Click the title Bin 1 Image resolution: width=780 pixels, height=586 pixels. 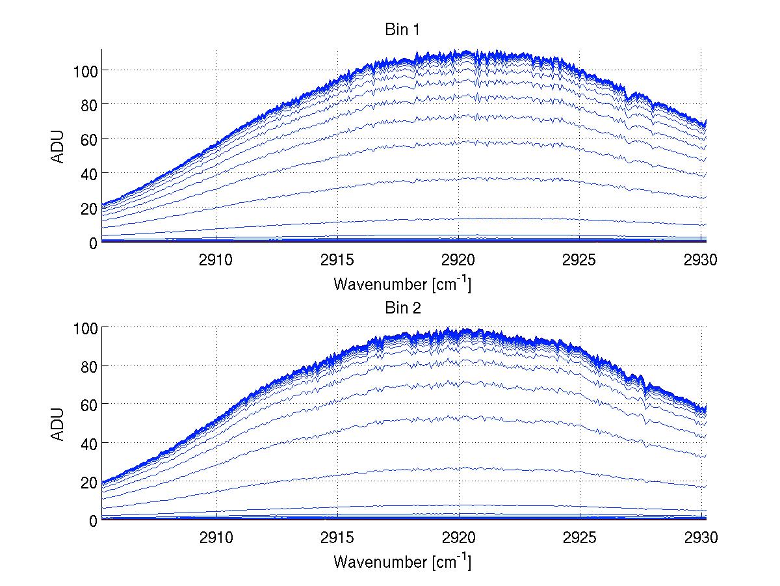(x=402, y=31)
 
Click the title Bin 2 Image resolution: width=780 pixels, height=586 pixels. (x=402, y=308)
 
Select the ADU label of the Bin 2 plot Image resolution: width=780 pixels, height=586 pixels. (x=58, y=423)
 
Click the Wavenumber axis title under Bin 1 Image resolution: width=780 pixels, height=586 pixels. (x=402, y=284)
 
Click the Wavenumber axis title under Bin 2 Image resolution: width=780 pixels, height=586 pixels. (x=402, y=561)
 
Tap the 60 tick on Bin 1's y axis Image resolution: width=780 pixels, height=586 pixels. (x=88, y=139)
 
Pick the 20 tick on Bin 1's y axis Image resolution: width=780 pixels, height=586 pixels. (x=88, y=208)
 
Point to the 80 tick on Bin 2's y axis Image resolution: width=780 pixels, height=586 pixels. (x=88, y=366)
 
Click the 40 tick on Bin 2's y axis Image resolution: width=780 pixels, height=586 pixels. (x=88, y=444)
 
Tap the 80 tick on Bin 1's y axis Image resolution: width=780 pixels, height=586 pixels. (x=88, y=105)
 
